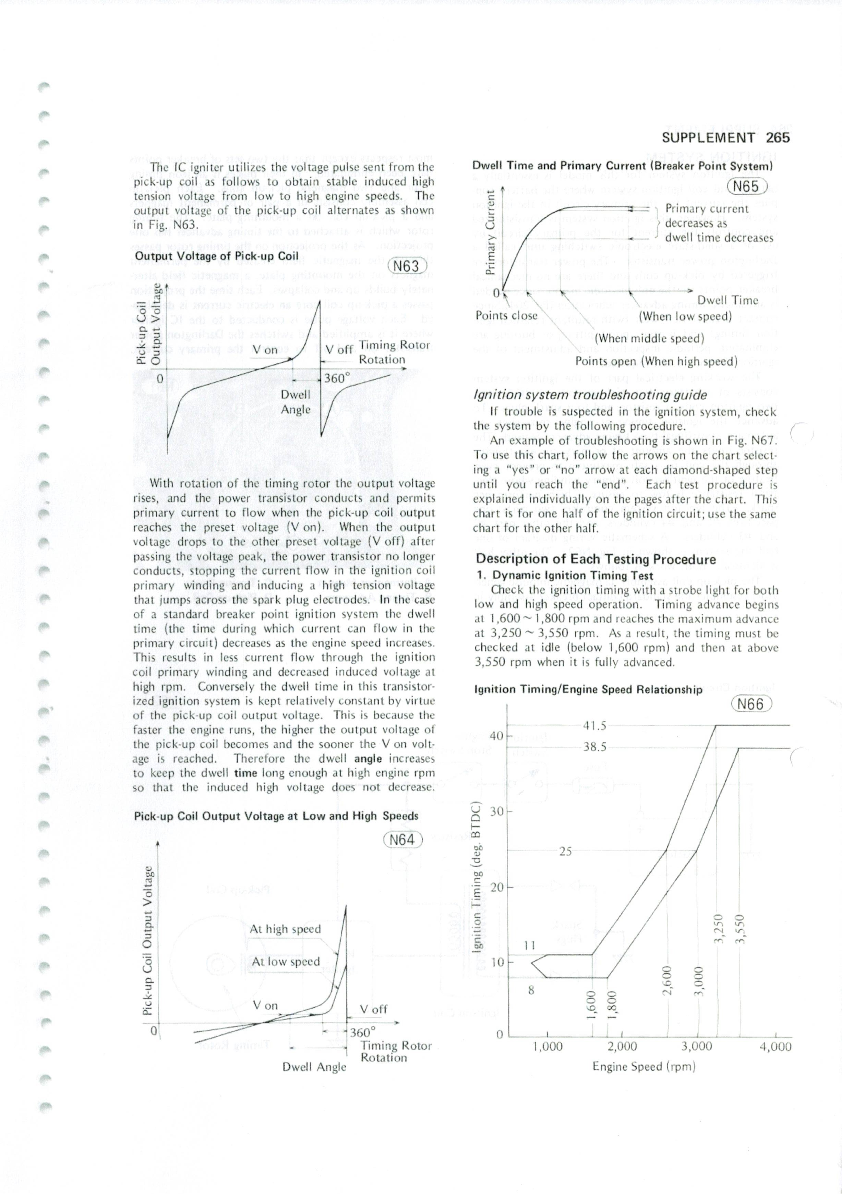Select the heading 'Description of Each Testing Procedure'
(x=596, y=559)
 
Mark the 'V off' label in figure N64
(x=373, y=1009)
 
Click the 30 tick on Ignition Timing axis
(x=497, y=811)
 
